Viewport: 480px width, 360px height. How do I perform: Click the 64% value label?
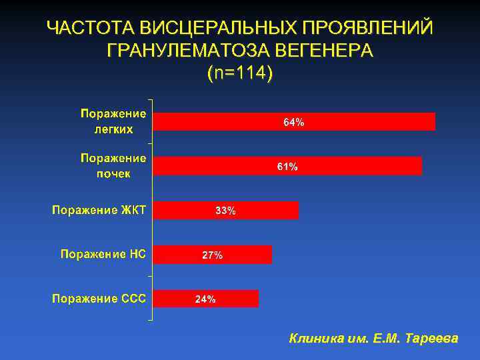point(294,123)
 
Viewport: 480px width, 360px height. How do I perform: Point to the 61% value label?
point(287,167)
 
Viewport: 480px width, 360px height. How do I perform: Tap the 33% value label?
point(225,211)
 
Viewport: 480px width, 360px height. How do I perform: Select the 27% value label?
point(213,255)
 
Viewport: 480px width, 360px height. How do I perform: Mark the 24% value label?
point(205,299)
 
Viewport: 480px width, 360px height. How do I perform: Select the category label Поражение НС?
point(103,254)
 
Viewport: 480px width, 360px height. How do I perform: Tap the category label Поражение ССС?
point(99,298)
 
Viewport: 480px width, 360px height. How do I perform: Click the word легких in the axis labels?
point(113,129)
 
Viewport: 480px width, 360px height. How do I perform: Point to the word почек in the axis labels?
point(113,173)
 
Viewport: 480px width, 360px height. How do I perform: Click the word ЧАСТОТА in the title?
point(90,29)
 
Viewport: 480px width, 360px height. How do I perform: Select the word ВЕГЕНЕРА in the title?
point(324,51)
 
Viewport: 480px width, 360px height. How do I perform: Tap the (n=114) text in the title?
point(240,73)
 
